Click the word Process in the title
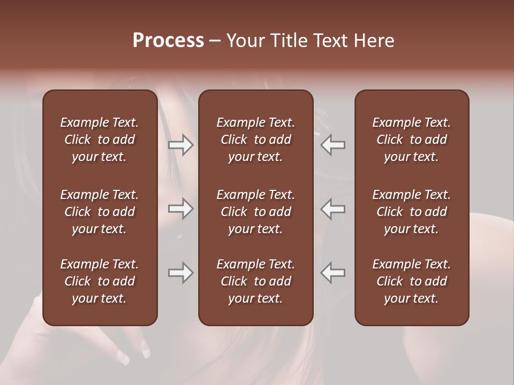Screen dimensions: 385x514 click(168, 41)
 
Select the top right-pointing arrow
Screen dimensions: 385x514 click(181, 145)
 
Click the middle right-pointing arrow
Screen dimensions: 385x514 click(181, 209)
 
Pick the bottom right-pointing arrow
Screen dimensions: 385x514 click(181, 273)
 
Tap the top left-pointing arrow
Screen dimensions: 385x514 click(332, 145)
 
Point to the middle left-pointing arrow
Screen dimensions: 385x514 click(332, 209)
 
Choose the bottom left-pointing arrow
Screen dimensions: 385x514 click(332, 273)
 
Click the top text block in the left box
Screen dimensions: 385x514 click(100, 140)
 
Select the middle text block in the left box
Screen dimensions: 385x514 click(100, 212)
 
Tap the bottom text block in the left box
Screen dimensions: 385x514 click(100, 281)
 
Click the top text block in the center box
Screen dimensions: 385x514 click(256, 140)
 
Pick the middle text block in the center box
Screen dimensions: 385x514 click(256, 212)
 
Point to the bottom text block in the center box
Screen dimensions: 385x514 click(256, 281)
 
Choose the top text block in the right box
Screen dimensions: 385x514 click(412, 140)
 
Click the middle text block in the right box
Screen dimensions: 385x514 click(412, 212)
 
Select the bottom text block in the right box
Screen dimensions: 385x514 click(412, 281)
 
